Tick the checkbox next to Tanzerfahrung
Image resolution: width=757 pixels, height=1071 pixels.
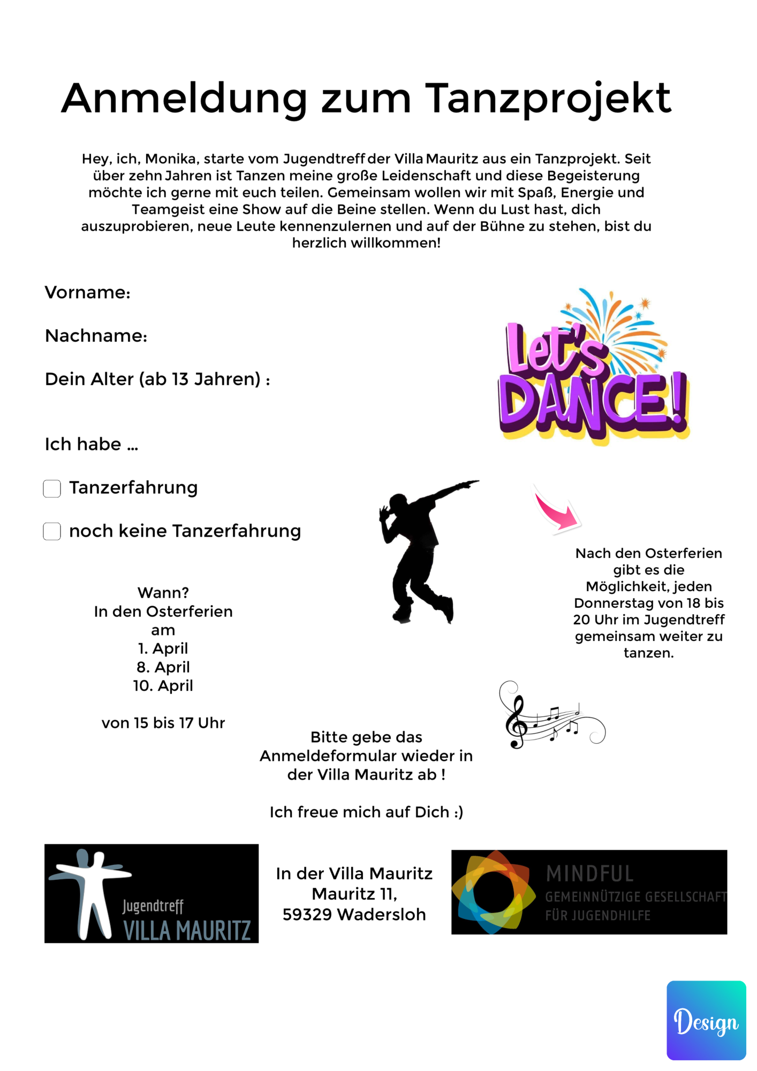point(52,488)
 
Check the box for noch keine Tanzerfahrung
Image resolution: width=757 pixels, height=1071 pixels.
point(52,531)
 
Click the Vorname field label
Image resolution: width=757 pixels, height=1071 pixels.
point(87,292)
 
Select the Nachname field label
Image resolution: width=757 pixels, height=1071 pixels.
point(96,336)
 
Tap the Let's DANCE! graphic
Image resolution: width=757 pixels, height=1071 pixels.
point(593,369)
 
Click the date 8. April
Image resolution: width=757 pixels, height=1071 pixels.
point(163,667)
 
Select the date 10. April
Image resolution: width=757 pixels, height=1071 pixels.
point(163,685)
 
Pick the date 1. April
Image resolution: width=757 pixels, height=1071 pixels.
point(163,648)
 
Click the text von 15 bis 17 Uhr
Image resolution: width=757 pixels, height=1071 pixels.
point(163,723)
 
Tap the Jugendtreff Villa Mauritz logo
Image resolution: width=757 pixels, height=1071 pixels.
point(152,893)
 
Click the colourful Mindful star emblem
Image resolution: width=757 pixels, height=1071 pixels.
point(493,892)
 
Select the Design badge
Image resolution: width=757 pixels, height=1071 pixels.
point(706,1020)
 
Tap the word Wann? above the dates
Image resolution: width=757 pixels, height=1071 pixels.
point(163,593)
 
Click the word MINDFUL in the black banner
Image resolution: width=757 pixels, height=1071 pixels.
point(590,874)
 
